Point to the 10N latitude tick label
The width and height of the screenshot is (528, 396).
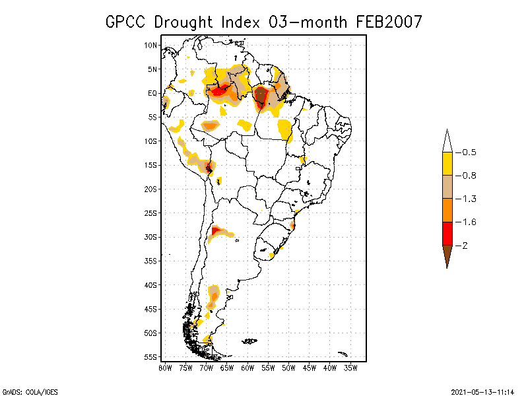(151, 45)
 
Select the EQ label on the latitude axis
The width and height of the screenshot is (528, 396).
(152, 93)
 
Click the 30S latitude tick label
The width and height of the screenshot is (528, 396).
(151, 237)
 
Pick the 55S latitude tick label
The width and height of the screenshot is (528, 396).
(151, 357)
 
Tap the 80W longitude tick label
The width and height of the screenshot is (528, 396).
(165, 368)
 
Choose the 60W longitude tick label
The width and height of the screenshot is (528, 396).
(247, 368)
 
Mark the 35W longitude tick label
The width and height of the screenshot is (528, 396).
(350, 368)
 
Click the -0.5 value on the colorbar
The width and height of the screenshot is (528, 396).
(469, 152)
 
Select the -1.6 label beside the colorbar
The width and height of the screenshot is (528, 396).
(469, 222)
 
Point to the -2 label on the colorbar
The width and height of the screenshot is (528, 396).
(465, 246)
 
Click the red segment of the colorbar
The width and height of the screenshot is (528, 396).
(447, 233)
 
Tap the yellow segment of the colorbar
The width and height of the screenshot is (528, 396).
(447, 164)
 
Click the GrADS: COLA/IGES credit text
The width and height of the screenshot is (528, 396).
(26, 391)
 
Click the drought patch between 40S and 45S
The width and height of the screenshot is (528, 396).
(213, 295)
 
